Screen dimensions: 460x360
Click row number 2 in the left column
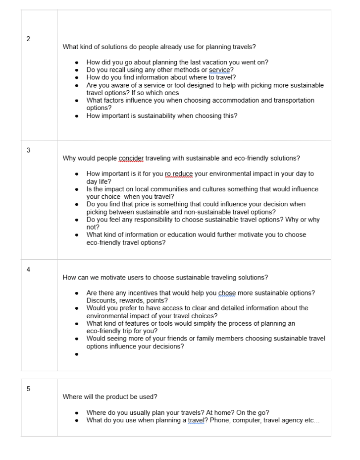(28, 39)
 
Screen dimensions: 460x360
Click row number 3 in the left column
(28, 150)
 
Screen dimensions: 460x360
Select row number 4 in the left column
(28, 269)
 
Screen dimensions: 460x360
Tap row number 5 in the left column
(28, 389)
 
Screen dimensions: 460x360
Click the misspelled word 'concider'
(131, 158)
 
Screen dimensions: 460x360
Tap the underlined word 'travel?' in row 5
(198, 420)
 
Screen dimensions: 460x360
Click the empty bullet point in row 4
(76, 354)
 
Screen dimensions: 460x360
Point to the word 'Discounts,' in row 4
(102, 300)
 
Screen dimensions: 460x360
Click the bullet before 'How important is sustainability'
(76, 116)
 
